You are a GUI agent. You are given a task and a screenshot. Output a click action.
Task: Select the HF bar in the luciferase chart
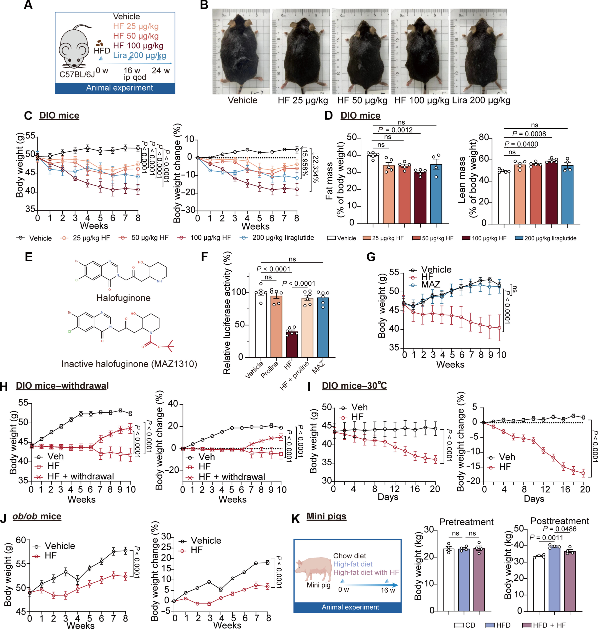[292, 345]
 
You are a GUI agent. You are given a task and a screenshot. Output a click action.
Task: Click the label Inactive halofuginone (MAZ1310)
[129, 364]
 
